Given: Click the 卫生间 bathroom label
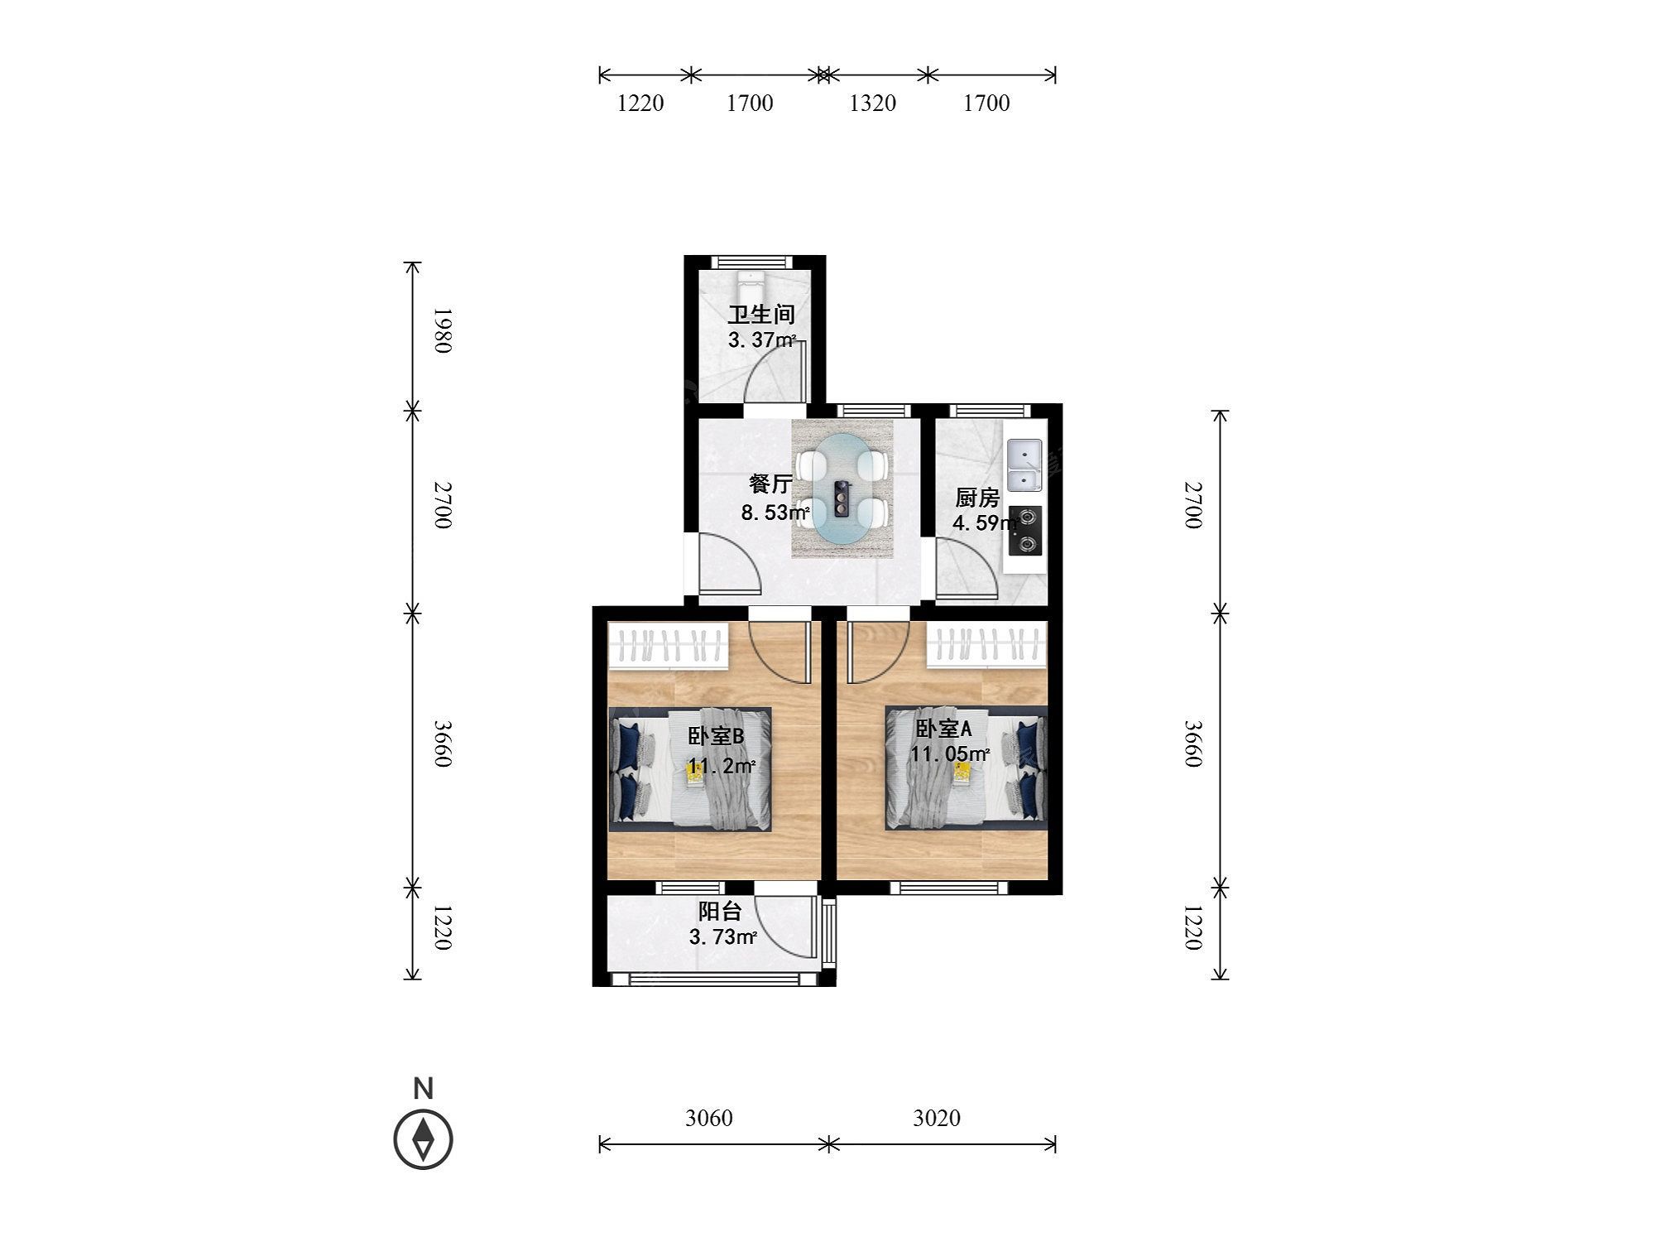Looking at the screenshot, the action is coord(761,315).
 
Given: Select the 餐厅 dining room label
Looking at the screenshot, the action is coord(770,484).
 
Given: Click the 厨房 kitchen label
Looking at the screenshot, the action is coord(977,498).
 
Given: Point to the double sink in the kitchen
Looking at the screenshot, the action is coord(1024,466).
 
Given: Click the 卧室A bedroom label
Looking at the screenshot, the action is coord(943,729).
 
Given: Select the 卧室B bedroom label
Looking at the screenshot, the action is coord(717,736).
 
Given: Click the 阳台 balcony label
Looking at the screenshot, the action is coord(720,912).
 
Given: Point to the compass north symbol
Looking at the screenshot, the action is coord(423,1139).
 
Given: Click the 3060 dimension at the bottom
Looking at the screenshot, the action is coord(709,1118).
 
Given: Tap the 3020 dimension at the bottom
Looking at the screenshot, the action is coord(937,1118).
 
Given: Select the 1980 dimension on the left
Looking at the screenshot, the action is coord(444,330).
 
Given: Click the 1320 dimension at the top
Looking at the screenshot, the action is coord(873,103).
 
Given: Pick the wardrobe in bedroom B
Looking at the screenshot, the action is coord(669,646).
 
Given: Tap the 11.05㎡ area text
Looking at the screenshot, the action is coord(951,753).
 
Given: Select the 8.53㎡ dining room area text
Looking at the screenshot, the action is coord(775,513).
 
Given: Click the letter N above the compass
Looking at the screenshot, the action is coord(423,1088).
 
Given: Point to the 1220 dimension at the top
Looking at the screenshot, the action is coord(641,103).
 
